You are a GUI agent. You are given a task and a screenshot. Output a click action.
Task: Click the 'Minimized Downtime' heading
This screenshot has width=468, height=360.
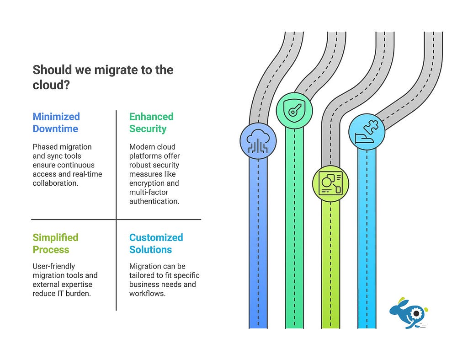tap(56, 123)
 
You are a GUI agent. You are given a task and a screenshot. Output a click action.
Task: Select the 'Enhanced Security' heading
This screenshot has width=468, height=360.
tap(151, 123)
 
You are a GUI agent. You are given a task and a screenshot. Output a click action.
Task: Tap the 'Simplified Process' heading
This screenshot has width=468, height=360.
tap(55, 243)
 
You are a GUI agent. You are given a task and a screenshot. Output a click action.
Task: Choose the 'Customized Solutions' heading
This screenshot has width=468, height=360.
tap(156, 243)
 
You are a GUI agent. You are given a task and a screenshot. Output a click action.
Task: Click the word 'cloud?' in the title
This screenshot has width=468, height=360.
tap(51, 85)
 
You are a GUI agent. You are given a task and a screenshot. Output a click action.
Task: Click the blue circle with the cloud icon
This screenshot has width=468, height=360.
tap(258, 141)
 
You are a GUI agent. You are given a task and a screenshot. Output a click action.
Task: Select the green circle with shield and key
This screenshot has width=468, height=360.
tap(294, 111)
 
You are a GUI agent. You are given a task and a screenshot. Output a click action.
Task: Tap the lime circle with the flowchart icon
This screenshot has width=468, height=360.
tap(331, 183)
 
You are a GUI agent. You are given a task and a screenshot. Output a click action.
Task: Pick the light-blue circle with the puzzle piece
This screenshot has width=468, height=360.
tap(367, 131)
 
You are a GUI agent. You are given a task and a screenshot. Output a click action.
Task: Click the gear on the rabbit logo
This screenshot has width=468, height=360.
tap(415, 313)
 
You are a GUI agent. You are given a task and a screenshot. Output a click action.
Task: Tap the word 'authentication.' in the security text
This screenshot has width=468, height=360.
tap(154, 201)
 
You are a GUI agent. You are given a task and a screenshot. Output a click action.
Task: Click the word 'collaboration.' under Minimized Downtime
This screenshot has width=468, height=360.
tap(55, 183)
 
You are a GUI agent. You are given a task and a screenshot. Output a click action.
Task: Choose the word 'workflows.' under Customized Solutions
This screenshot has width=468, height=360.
tap(148, 294)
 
